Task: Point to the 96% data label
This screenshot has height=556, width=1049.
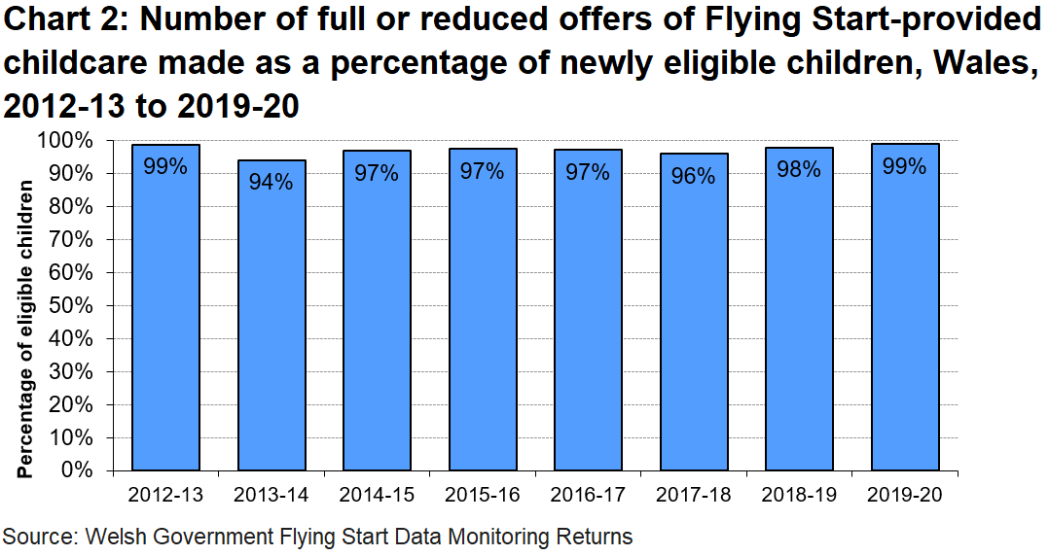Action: (x=694, y=176)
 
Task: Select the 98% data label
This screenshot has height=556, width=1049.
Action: (x=800, y=170)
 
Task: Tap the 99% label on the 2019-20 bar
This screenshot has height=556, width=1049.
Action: (x=905, y=166)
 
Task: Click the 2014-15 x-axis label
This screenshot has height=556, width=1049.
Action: (x=378, y=495)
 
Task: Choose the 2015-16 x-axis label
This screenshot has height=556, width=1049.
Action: (x=483, y=495)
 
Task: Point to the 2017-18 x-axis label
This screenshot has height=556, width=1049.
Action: (x=694, y=495)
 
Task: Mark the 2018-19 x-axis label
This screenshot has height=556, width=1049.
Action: (x=800, y=495)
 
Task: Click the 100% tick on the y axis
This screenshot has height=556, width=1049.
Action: (x=69, y=141)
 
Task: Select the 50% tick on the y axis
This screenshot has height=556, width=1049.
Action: (x=74, y=306)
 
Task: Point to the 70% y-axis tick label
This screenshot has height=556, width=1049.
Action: (x=74, y=240)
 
